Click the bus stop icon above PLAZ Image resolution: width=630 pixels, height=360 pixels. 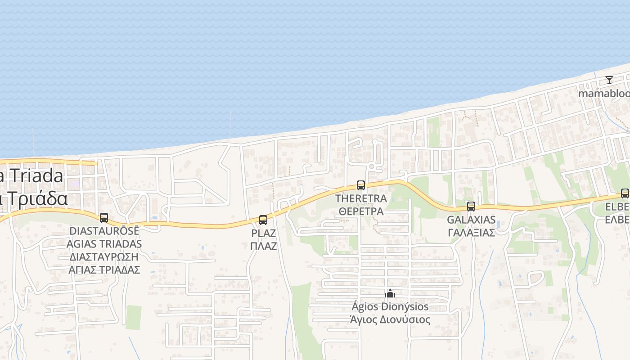pos(263,220)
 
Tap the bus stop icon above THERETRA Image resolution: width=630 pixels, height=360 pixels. pos(360,185)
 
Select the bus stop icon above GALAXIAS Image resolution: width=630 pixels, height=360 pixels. pos(471,207)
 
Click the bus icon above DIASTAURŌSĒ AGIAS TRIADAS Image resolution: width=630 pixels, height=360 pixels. pos(104,218)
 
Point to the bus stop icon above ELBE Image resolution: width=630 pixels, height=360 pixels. pos(625,193)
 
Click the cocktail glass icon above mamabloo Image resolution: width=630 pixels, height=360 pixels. pos(609,80)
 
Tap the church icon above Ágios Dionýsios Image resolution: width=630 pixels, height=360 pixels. pos(390,294)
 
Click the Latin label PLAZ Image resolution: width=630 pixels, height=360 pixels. pos(263,234)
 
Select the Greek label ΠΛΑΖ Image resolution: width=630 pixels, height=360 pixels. pos(263,246)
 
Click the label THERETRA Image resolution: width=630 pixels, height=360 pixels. pos(361,198)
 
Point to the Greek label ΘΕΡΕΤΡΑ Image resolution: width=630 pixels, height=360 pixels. pos(361,211)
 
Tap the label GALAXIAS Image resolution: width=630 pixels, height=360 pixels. pos(471,220)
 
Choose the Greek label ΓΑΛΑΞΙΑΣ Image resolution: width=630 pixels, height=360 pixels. pos(471,233)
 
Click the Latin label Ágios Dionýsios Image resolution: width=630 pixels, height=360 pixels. pos(390,307)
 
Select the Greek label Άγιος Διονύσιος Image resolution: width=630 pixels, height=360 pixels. pos(390,320)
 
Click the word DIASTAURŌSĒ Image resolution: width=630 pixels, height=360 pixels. pos(104,231)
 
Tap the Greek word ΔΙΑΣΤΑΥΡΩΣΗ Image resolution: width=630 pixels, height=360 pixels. pos(104,256)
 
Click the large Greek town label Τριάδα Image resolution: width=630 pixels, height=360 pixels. pos(36,198)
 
